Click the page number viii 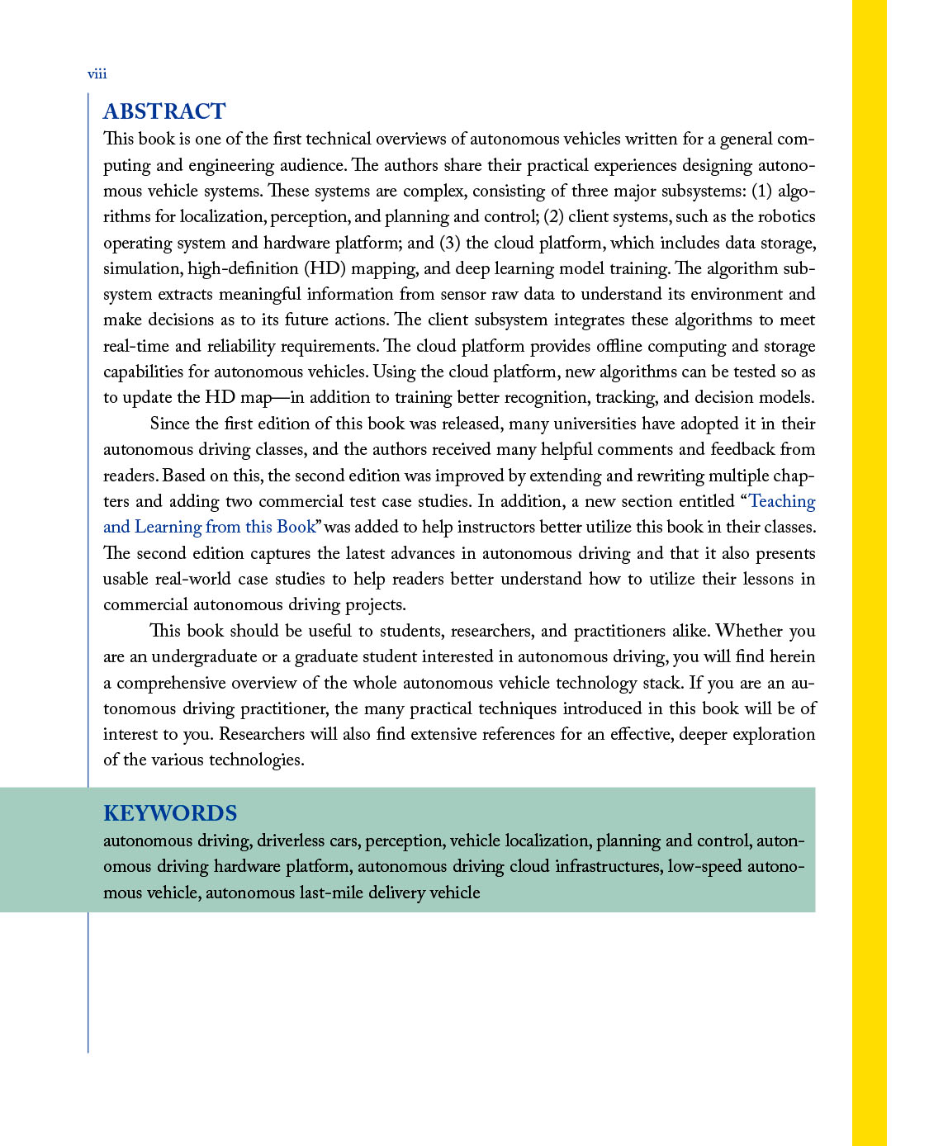[x=97, y=74]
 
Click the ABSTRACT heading [x=164, y=111]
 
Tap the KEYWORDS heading [x=170, y=813]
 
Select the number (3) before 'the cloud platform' [x=448, y=243]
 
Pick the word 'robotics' [x=788, y=216]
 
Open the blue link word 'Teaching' [x=782, y=501]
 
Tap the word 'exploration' [x=770, y=734]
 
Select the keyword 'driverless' [x=291, y=841]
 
